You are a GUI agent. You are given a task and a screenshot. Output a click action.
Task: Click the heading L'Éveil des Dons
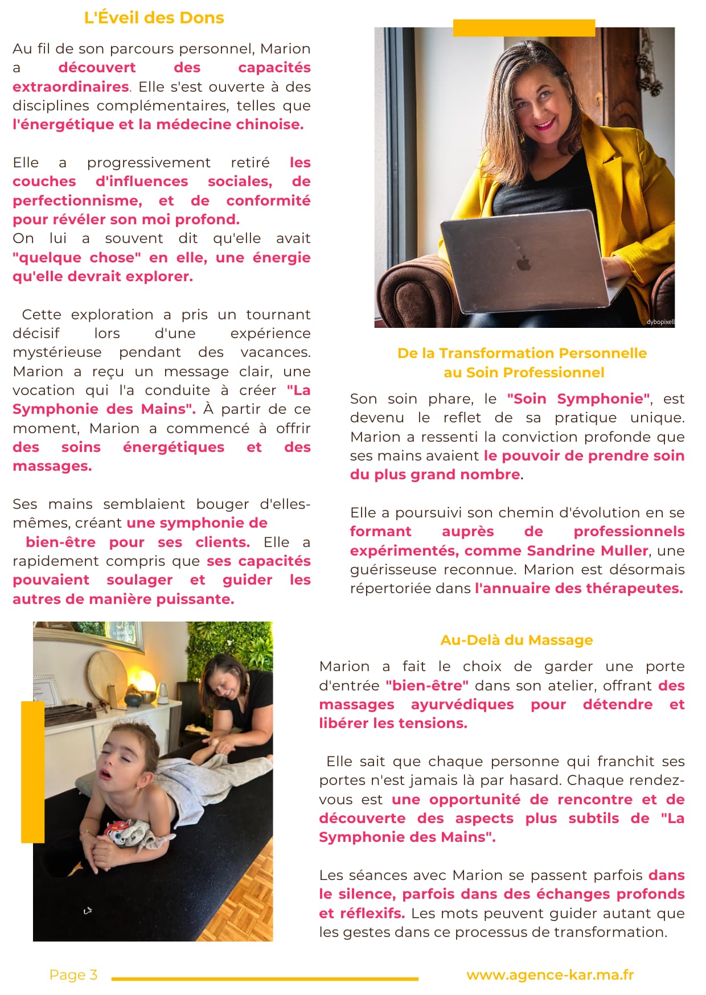pos(154,18)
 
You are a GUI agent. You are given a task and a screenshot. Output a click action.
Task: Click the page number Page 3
pos(73,975)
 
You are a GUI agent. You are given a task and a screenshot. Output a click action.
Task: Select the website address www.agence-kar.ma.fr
pos(550,975)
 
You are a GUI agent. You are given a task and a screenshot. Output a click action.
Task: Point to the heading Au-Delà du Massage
pos(516,640)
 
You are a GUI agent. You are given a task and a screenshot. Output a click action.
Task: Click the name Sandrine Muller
pos(588,550)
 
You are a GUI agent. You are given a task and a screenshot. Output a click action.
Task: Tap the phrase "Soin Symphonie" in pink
pos(578,398)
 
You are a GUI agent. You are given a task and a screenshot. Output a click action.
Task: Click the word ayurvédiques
pos(462,704)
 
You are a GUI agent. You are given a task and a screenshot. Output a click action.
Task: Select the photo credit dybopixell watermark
pos(660,322)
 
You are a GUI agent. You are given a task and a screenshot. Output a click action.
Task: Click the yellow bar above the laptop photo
pos(524,28)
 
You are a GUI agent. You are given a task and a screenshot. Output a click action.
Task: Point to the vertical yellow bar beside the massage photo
pos(32,771)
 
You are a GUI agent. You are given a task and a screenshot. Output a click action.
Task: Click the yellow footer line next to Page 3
pos(265,979)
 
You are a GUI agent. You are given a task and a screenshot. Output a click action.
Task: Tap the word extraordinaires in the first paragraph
pos(71,87)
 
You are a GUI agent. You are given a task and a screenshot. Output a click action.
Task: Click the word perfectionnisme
pos(77,200)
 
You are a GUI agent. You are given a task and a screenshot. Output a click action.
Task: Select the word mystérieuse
pos(57,352)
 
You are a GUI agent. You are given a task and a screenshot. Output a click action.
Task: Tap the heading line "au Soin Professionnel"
pos(524,372)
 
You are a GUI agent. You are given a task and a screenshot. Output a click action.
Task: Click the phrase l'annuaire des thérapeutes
pos(578,588)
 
